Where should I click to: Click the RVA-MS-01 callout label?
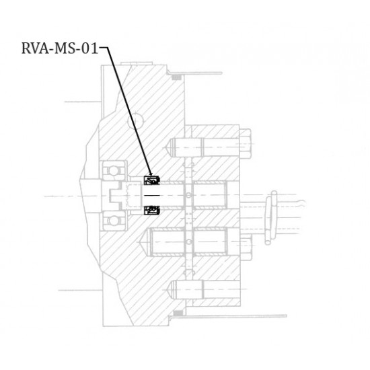(59, 48)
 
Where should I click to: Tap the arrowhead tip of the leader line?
(151, 176)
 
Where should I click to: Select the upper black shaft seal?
(152, 180)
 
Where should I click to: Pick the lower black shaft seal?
(152, 211)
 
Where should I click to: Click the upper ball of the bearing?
(114, 171)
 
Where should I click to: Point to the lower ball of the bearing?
(114, 221)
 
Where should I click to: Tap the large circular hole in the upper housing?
(136, 121)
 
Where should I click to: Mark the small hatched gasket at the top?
(176, 77)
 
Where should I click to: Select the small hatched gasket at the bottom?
(178, 313)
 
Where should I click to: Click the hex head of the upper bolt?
(245, 143)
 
